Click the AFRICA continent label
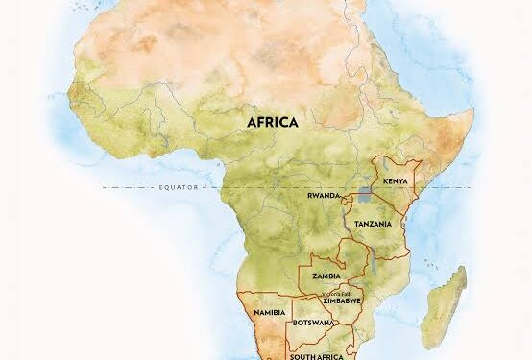click(273, 122)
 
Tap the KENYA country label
click(396, 181)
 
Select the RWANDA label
click(324, 195)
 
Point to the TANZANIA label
click(373, 223)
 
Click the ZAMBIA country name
click(326, 276)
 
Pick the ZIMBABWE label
click(342, 300)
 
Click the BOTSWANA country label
click(314, 323)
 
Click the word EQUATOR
click(177, 188)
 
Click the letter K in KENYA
click(385, 181)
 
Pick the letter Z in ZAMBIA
click(313, 276)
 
